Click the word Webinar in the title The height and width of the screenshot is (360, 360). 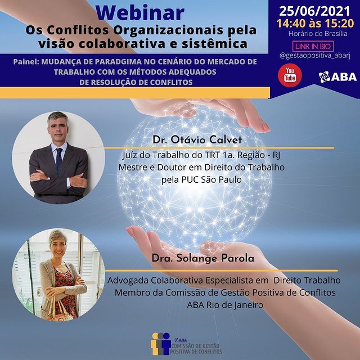(x=140, y=12)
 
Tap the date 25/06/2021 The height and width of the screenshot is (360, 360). (x=314, y=11)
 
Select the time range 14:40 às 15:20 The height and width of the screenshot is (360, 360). (x=315, y=24)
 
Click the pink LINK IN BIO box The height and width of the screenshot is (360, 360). (x=313, y=46)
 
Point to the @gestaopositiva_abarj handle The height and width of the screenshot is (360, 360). (x=315, y=56)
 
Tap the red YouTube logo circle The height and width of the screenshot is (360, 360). (x=290, y=75)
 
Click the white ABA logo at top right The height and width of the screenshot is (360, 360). (x=337, y=76)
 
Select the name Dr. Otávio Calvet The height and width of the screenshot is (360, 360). (x=197, y=140)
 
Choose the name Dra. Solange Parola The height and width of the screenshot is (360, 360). (x=202, y=258)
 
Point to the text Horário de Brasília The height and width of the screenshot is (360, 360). (x=318, y=34)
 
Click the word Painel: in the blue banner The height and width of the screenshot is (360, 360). (x=26, y=62)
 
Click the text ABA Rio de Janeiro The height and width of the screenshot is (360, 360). (x=225, y=305)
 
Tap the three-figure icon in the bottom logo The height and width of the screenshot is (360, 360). (x=160, y=344)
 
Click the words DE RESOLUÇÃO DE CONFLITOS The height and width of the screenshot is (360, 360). (x=136, y=82)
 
